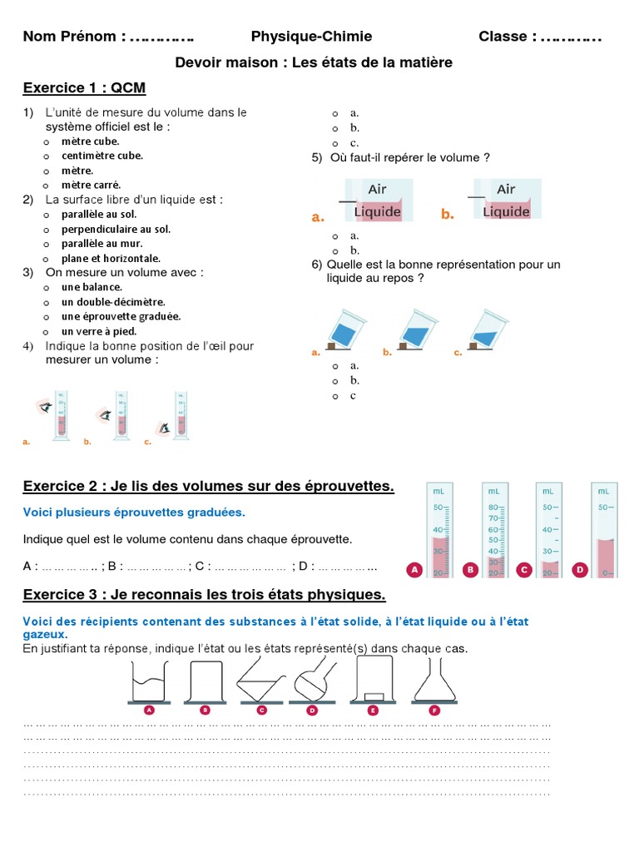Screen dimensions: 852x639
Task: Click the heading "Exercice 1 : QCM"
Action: tap(84, 88)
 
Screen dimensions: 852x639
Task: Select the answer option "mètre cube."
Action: tap(90, 141)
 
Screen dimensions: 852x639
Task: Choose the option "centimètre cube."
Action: tap(102, 156)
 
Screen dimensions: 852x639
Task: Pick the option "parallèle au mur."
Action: tap(102, 244)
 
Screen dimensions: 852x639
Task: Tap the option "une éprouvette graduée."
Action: tap(121, 316)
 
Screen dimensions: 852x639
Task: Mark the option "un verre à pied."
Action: tap(98, 331)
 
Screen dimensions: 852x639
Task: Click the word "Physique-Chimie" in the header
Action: tap(311, 37)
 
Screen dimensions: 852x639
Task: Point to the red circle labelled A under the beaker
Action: tap(149, 710)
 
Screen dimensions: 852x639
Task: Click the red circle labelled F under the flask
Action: tap(433, 710)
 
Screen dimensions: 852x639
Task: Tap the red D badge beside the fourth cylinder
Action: tap(579, 570)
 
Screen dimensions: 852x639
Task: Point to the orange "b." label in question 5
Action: tap(448, 215)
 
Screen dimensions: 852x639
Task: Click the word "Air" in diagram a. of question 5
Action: tap(377, 189)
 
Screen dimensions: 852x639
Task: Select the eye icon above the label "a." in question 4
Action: tap(44, 408)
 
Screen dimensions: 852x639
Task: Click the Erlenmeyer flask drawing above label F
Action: tap(433, 678)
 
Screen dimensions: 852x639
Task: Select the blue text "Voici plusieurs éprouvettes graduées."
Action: tap(134, 512)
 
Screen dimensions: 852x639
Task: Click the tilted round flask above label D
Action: tap(314, 678)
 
